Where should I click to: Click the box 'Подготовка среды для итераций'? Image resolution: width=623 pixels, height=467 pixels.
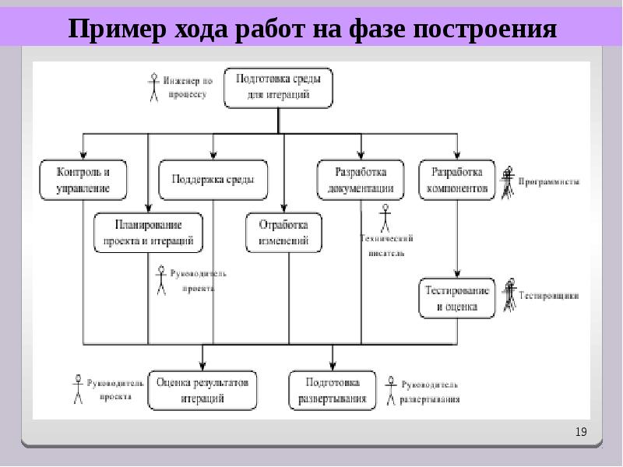[279, 87]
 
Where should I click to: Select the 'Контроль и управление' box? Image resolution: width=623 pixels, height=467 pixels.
[83, 180]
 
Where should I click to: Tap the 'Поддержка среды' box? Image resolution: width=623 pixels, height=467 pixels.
[213, 180]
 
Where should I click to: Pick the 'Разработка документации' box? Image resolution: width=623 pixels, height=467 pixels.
[360, 180]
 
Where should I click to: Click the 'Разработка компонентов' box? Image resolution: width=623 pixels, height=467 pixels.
[457, 180]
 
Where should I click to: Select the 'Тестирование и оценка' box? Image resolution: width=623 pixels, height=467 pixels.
[457, 299]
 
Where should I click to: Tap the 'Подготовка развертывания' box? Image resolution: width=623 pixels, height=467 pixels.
[333, 390]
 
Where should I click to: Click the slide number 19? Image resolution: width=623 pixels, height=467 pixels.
[581, 432]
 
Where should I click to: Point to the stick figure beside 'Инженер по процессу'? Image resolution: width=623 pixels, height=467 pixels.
[153, 86]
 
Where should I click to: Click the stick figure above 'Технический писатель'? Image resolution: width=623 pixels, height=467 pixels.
[384, 218]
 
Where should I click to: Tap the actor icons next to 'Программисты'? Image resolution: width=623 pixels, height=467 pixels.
[509, 182]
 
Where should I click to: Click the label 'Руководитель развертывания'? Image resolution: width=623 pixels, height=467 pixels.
[430, 392]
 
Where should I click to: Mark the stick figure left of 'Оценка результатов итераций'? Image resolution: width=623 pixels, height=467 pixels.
[78, 389]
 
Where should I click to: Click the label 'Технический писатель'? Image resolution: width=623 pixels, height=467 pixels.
[386, 245]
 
